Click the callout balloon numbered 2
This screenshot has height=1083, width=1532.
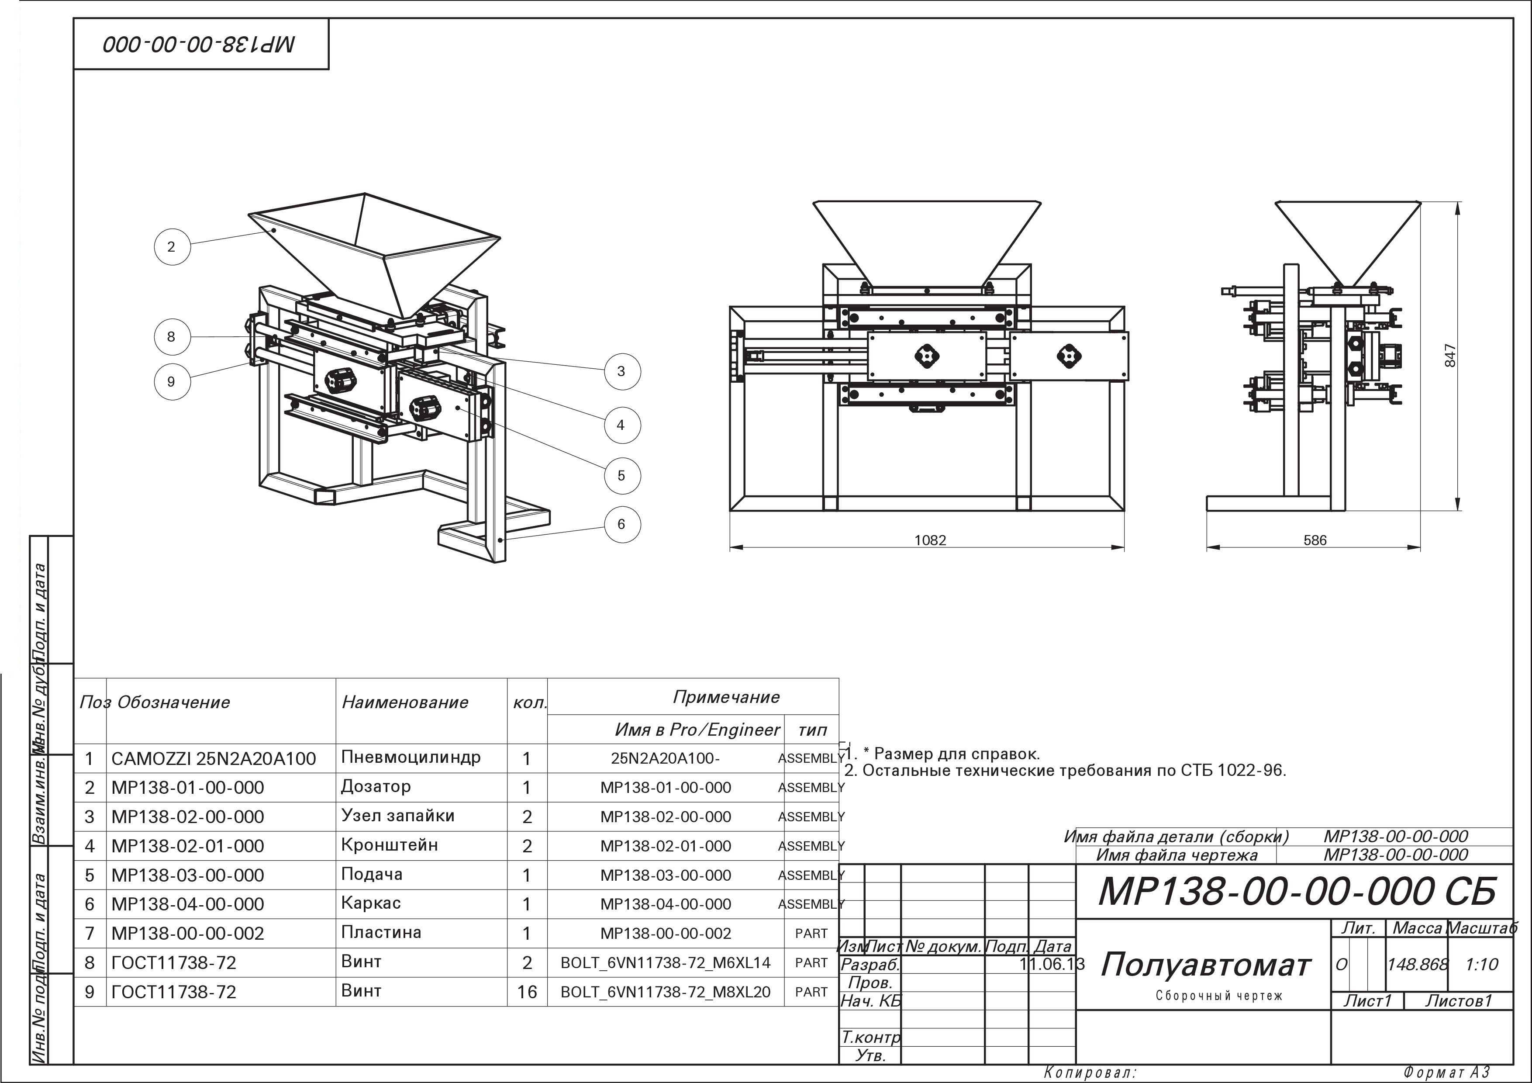[x=172, y=247]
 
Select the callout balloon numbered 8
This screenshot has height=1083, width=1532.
[x=172, y=336]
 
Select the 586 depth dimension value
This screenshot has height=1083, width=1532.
[x=1315, y=540]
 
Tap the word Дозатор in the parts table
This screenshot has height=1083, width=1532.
[x=376, y=787]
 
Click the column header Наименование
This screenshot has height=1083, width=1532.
[x=405, y=702]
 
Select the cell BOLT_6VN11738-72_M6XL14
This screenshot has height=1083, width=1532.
[x=665, y=963]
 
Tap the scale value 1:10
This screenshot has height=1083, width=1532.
[x=1482, y=964]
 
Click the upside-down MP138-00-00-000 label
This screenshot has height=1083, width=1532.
[x=199, y=45]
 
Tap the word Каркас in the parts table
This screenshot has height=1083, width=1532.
[x=370, y=903]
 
